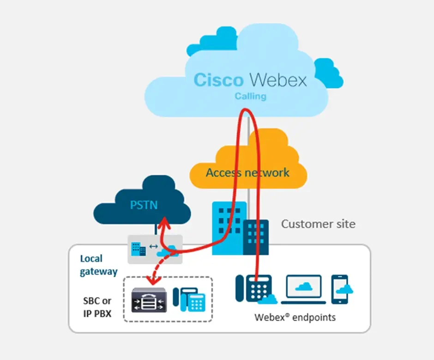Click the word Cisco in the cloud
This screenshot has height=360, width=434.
pyautogui.click(x=218, y=79)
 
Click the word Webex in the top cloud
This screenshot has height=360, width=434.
pyautogui.click(x=278, y=79)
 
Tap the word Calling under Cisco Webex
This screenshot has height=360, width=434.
pyautogui.click(x=250, y=96)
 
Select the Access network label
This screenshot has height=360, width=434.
pyautogui.click(x=247, y=173)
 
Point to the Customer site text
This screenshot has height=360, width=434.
pyautogui.click(x=318, y=224)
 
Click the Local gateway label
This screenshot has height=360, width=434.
pyautogui.click(x=98, y=265)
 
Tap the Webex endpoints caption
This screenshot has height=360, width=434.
pyautogui.click(x=295, y=317)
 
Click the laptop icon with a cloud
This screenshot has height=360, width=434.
pyautogui.click(x=303, y=289)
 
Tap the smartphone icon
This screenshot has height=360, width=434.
pyautogui.click(x=340, y=289)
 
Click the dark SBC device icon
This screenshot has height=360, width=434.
pyautogui.click(x=149, y=300)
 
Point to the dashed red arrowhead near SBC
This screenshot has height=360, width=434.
pyautogui.click(x=148, y=279)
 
